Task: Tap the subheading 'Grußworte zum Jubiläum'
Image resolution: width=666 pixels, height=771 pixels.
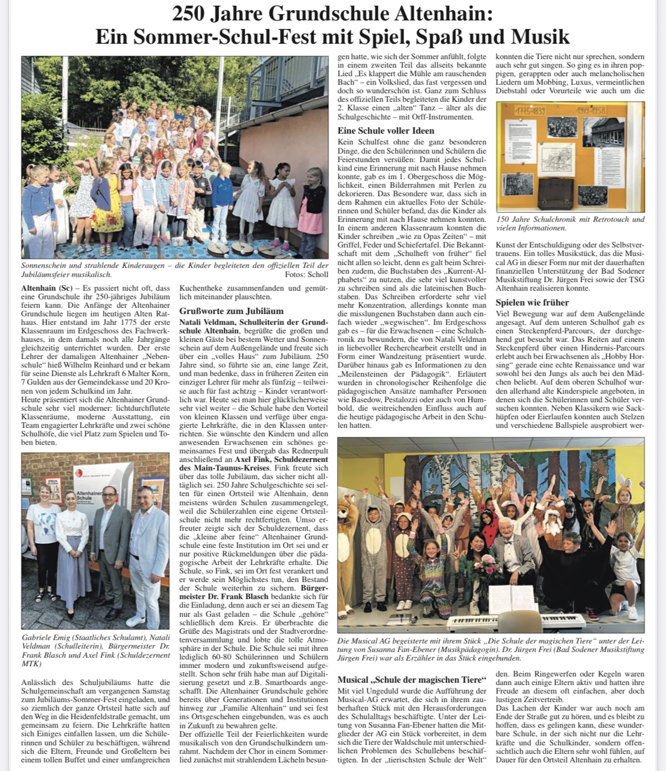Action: coord(231,311)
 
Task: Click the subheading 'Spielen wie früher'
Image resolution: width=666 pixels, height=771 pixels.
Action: coord(532,302)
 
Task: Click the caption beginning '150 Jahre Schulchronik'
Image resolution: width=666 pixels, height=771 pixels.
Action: coord(570,224)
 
